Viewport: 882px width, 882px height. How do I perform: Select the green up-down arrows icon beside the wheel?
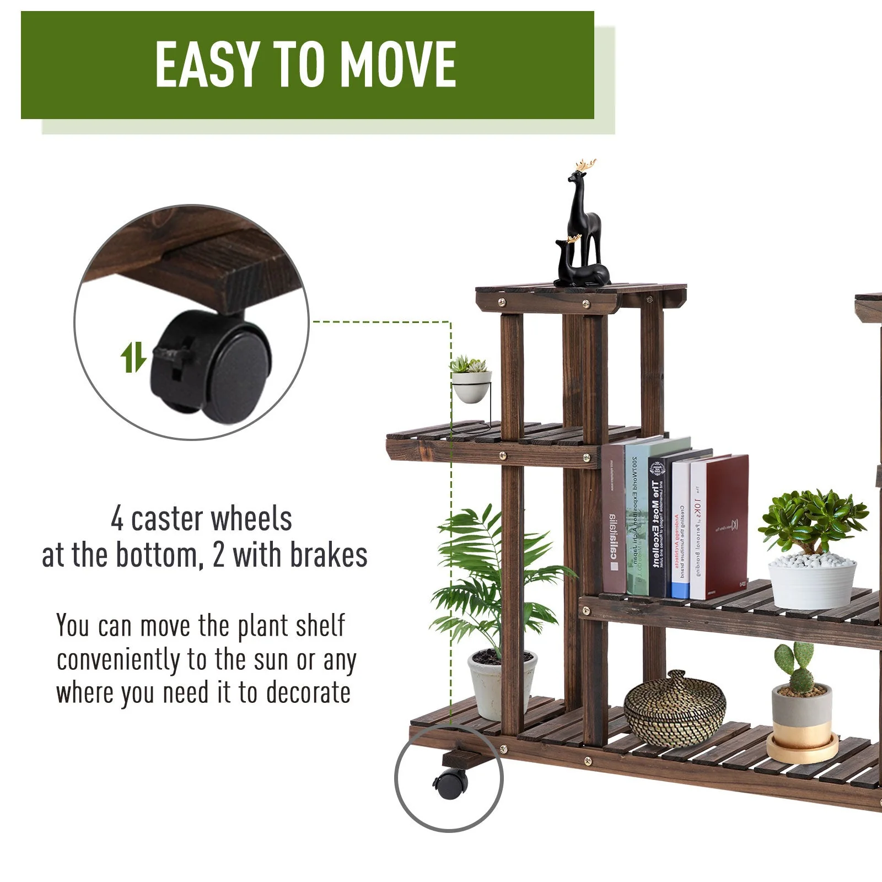(133, 357)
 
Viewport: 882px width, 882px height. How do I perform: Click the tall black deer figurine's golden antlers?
(586, 165)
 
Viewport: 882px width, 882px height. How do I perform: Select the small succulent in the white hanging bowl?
(469, 364)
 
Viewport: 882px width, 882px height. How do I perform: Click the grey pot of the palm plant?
(502, 684)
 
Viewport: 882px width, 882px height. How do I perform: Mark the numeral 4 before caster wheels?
(117, 519)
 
